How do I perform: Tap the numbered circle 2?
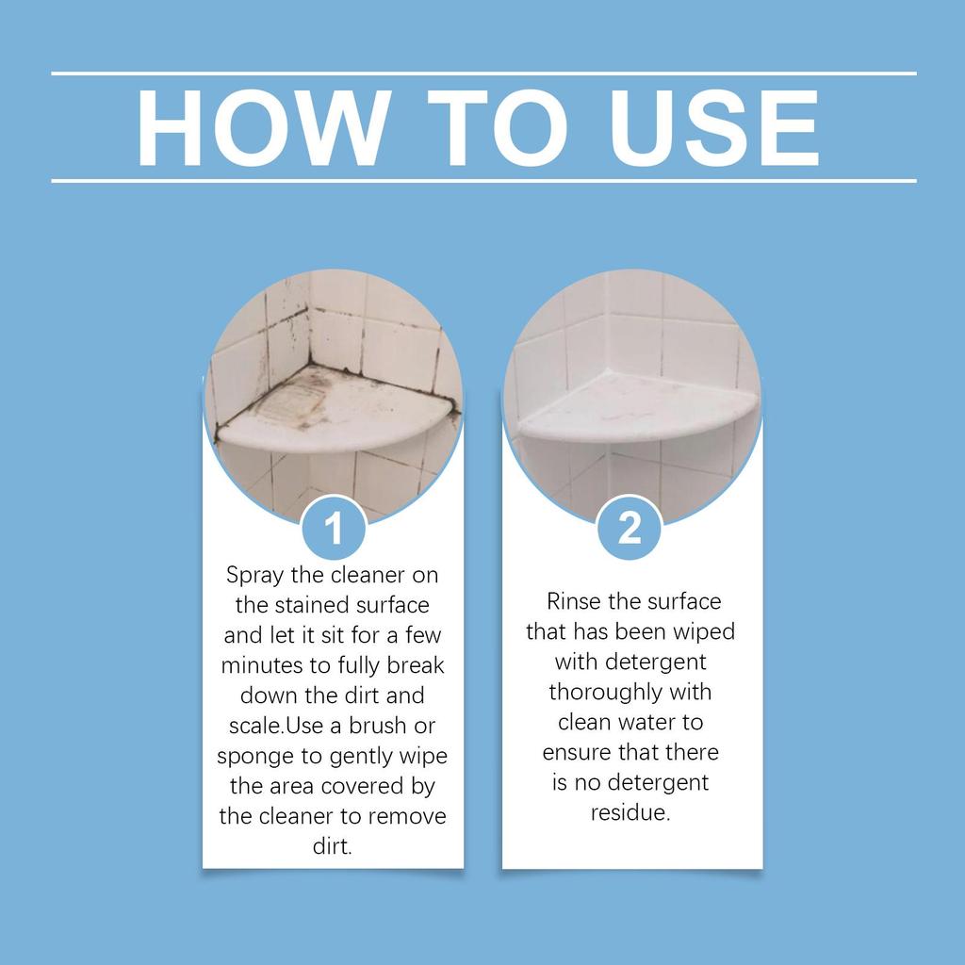630,529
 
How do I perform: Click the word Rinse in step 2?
573,601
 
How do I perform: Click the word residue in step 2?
630,812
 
